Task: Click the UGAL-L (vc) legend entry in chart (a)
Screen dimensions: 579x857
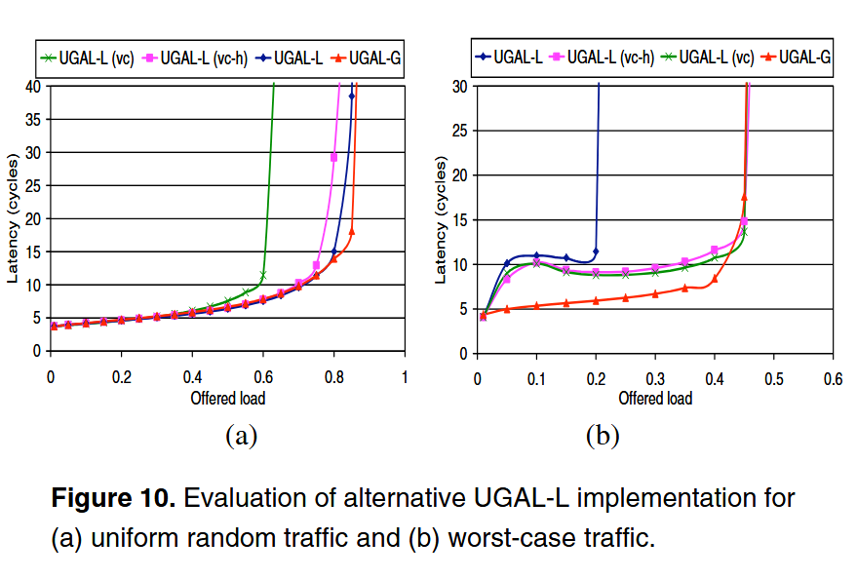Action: (x=93, y=59)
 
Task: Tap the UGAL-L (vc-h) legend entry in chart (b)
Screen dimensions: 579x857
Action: (x=604, y=59)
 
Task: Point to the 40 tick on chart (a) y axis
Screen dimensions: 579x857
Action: (x=36, y=86)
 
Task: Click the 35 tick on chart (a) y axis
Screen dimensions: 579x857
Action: (x=36, y=119)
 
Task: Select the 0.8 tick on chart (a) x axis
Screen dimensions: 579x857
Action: (x=333, y=375)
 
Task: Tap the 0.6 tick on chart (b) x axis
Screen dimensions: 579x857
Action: (x=833, y=376)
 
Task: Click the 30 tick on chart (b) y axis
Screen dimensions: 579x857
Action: (x=461, y=86)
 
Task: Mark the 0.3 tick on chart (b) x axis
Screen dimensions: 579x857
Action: (x=654, y=376)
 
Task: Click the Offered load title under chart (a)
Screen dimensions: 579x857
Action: (x=228, y=397)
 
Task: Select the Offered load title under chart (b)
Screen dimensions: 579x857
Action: (x=654, y=398)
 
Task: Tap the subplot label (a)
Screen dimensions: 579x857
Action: (x=240, y=436)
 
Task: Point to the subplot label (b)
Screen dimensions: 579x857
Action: (x=602, y=436)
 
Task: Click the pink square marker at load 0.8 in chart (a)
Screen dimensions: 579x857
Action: (x=333, y=157)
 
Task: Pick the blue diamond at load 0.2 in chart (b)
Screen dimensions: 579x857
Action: (x=596, y=251)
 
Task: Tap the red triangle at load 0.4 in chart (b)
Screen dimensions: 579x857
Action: (x=715, y=279)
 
